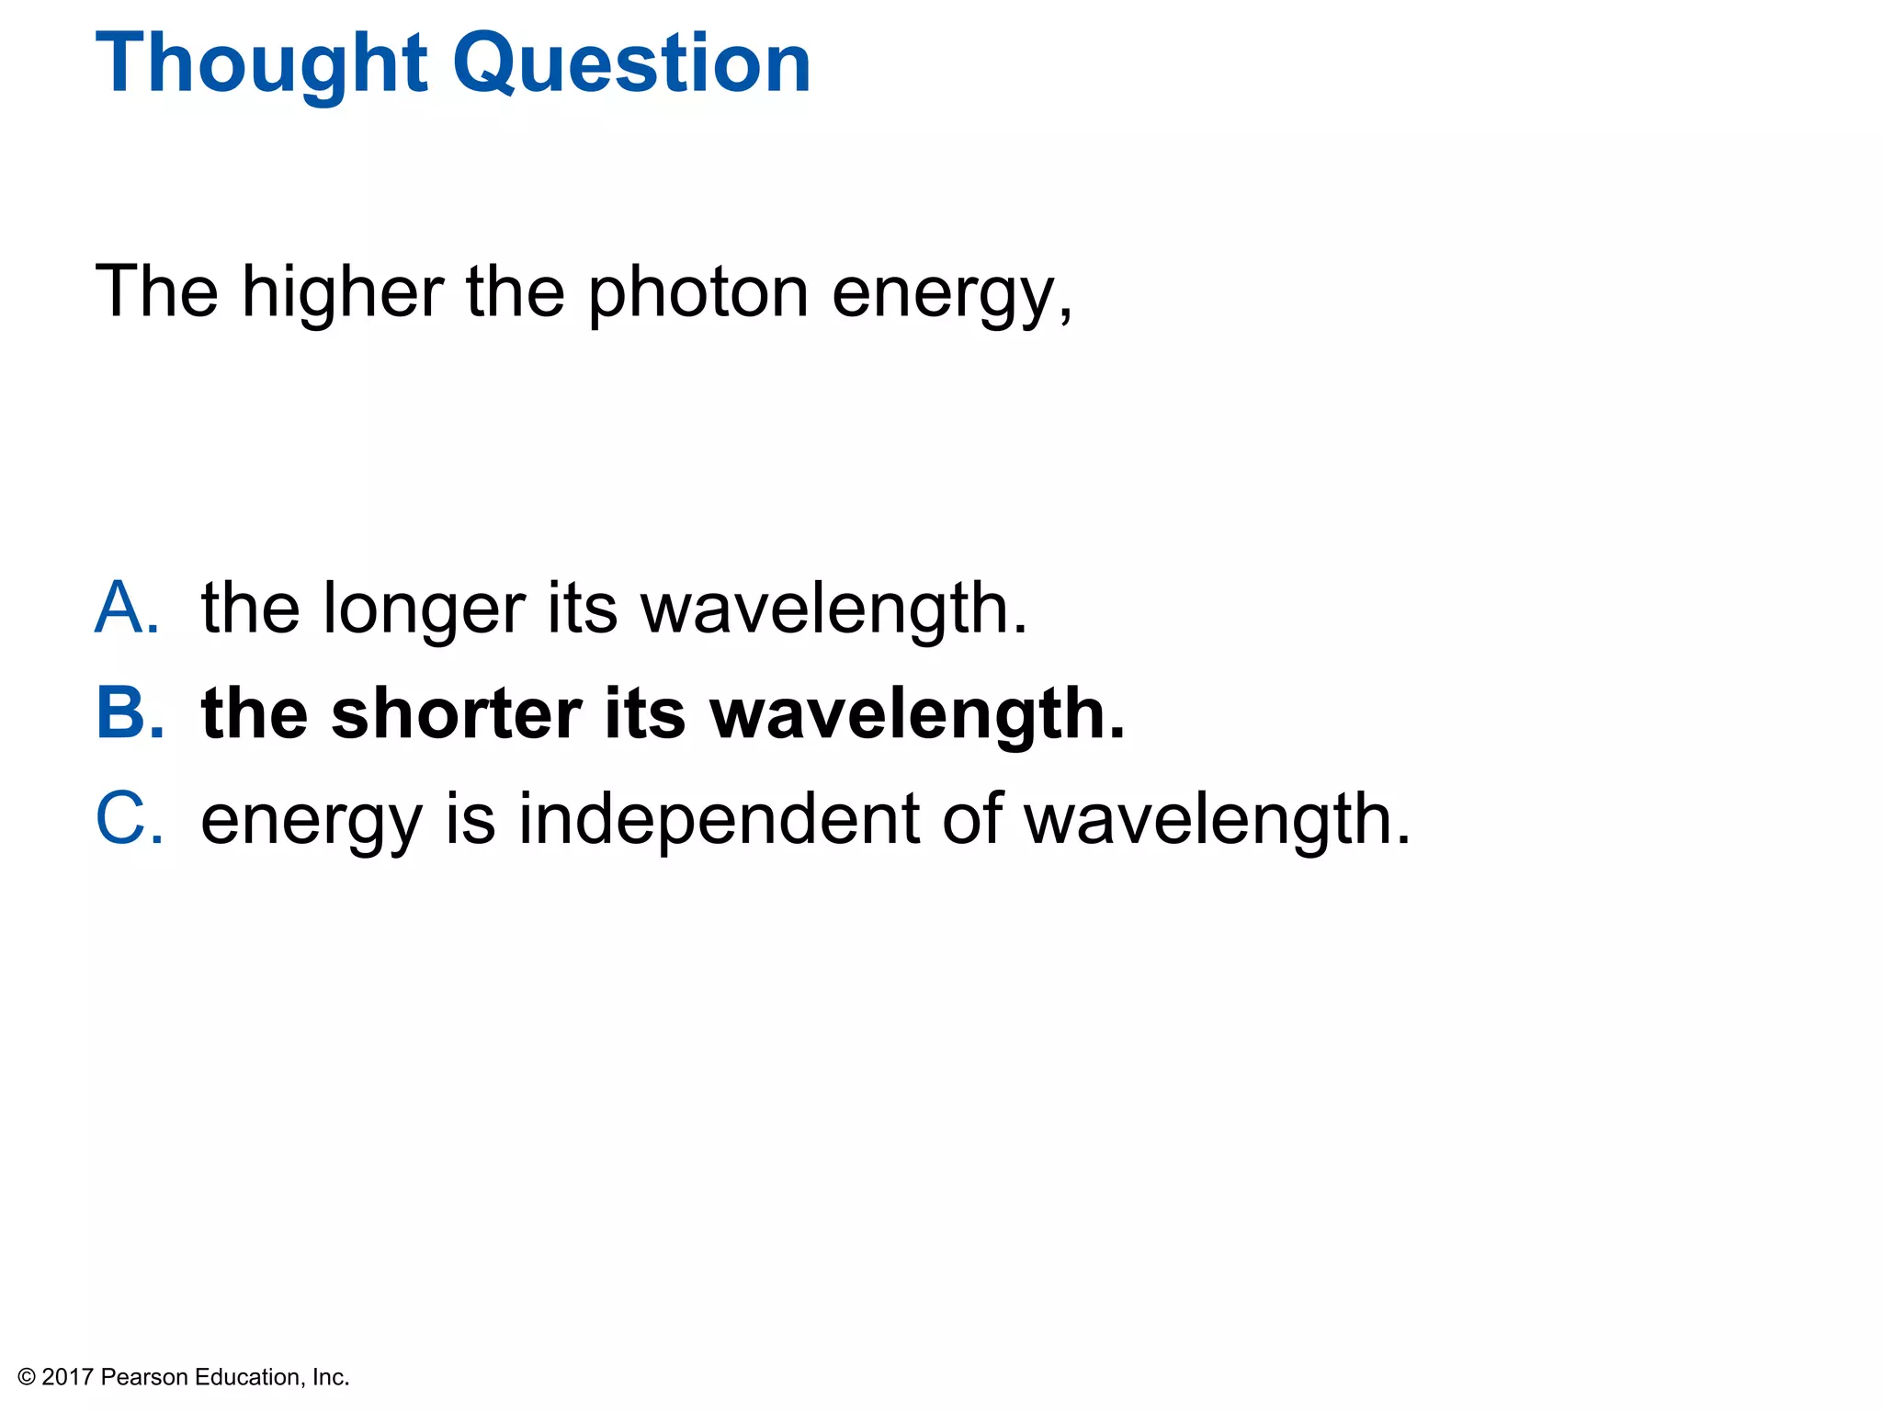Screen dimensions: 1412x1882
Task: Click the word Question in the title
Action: point(632,64)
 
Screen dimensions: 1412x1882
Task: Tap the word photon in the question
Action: point(698,292)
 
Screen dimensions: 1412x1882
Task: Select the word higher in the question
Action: point(343,292)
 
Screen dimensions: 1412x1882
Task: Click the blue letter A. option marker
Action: point(128,608)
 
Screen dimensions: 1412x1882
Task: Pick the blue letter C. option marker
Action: point(130,818)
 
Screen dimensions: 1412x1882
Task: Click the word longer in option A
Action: point(424,609)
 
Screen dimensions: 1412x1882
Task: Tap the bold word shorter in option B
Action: point(457,713)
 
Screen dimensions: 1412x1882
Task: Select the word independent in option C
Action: point(719,818)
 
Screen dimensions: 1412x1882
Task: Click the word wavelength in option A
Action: point(833,609)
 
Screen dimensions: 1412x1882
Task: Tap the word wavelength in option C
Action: point(1217,818)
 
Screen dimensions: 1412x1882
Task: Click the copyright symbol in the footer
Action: point(27,1377)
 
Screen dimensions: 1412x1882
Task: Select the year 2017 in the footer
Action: point(68,1377)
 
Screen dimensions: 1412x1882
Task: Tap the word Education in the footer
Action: point(247,1377)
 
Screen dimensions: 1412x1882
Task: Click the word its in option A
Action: point(582,609)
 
